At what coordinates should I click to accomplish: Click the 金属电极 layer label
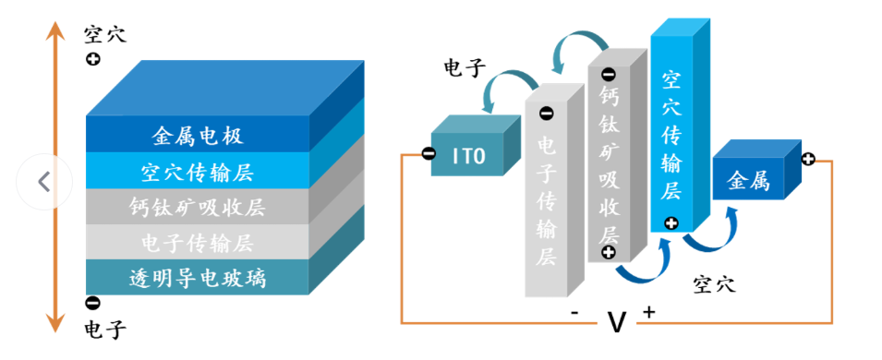coord(197,137)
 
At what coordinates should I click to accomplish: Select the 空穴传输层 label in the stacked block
coord(197,172)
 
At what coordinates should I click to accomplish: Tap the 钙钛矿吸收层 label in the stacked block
coord(197,207)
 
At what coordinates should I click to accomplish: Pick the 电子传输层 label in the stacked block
coord(197,243)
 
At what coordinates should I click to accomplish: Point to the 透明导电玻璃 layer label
coord(197,277)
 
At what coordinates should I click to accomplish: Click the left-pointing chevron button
coord(44,182)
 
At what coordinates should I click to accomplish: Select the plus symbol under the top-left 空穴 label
coord(92,60)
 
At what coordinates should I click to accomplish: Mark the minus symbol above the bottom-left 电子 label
coord(92,303)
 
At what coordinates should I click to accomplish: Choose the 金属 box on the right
coord(748,181)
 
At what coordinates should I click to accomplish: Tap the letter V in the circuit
coord(616,322)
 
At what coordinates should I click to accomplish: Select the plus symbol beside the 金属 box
coord(808,159)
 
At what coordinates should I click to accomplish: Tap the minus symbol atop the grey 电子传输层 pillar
coord(546,114)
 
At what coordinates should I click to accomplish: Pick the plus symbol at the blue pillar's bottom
coord(671,222)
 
